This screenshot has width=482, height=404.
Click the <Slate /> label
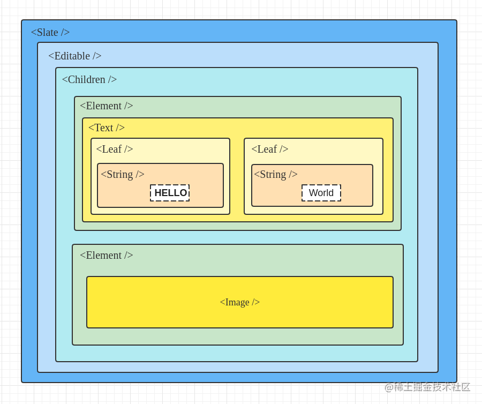click(x=50, y=32)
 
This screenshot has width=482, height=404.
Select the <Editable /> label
click(x=74, y=56)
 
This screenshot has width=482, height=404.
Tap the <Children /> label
click(x=89, y=79)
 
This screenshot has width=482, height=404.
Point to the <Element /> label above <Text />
click(x=106, y=106)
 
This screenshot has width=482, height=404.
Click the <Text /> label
click(x=106, y=128)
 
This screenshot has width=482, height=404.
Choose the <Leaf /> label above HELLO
click(x=114, y=149)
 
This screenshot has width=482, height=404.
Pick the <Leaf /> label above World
click(x=269, y=149)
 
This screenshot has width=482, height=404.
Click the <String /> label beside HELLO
click(x=122, y=174)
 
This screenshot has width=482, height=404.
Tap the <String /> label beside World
click(x=275, y=174)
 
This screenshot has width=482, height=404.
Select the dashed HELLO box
click(x=170, y=193)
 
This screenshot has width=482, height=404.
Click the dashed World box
click(x=321, y=193)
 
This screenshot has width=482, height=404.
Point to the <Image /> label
click(x=239, y=302)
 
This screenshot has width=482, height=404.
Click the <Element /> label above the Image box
click(x=106, y=255)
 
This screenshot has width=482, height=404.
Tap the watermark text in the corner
click(x=427, y=387)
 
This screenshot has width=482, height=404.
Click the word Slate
click(x=47, y=32)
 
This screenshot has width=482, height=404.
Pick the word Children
click(x=86, y=79)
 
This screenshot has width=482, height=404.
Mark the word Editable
click(x=72, y=56)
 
